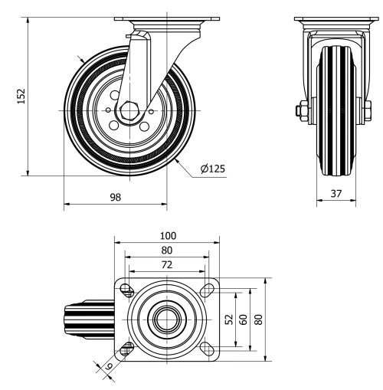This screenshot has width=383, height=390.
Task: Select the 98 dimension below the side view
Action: [115, 196]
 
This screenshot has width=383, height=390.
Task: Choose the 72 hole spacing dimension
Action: [166, 264]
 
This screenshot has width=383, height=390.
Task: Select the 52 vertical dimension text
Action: [228, 320]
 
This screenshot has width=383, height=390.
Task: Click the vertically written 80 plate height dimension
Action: [258, 320]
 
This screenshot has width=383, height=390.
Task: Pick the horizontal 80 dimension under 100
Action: [166, 250]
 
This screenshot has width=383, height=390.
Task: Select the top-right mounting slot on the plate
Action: [205, 290]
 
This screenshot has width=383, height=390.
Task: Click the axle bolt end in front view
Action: [298, 110]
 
